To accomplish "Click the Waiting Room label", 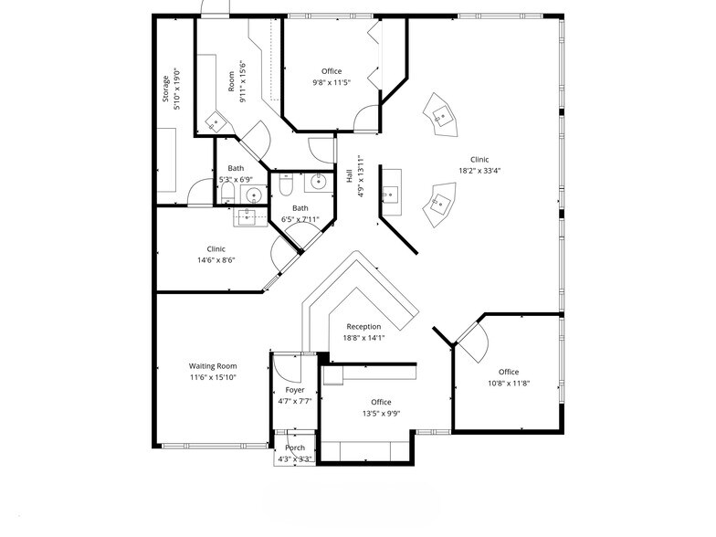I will point(214,365).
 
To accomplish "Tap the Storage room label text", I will point(166,89).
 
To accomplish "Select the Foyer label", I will point(295,390).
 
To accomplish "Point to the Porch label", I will point(295,447).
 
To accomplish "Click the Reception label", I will point(363,326).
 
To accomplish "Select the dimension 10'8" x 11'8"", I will point(509,383).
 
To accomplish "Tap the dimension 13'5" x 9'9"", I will point(381,413).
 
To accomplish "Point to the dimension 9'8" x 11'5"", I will point(332,82).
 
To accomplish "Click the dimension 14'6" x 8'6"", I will point(216,260).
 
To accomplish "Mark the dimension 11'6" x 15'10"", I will point(214,376).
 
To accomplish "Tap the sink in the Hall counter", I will point(389,193).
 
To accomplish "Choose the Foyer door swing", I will point(285,368).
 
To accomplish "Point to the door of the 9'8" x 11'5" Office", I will point(366,116).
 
